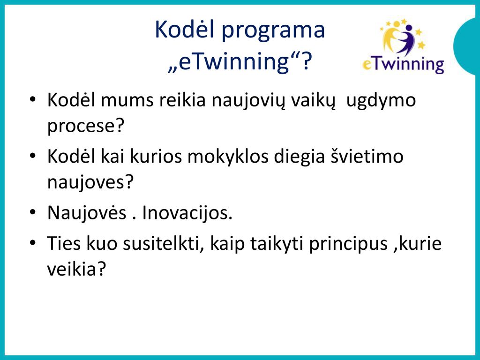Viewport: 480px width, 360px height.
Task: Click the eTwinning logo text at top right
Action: pos(403,64)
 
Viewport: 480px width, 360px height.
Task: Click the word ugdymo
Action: pos(381,101)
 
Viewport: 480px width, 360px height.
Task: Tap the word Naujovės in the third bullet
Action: pos(87,213)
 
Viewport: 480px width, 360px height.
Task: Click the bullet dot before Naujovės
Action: pos(33,212)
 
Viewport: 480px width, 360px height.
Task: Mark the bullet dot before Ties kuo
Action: pos(33,243)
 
